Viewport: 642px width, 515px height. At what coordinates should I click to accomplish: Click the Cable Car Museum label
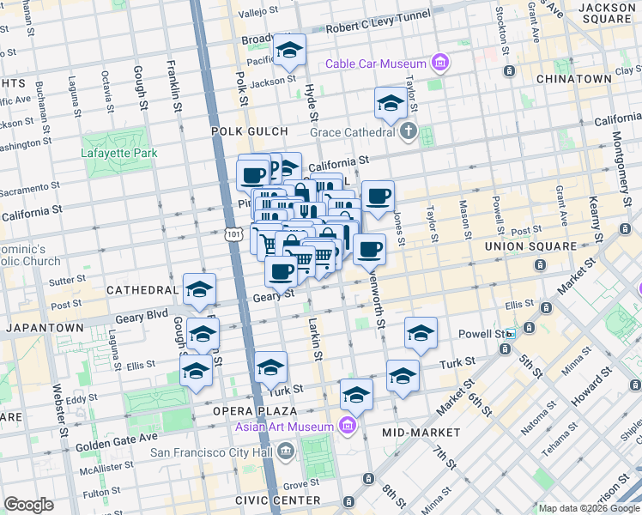click(375, 64)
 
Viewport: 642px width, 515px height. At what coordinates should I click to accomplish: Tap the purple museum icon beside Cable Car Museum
click(440, 63)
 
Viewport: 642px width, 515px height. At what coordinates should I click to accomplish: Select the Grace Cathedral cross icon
click(409, 131)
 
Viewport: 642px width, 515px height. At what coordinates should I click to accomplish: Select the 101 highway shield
click(233, 233)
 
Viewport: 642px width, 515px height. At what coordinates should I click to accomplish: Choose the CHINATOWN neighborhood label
click(573, 79)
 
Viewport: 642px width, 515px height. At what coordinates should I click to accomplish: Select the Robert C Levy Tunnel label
click(378, 27)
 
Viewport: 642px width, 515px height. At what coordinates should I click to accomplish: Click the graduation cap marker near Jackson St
click(289, 51)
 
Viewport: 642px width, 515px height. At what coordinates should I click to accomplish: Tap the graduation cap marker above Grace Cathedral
click(391, 103)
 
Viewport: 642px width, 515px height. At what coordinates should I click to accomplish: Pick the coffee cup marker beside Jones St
click(378, 197)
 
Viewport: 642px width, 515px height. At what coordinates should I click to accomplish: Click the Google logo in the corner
click(28, 504)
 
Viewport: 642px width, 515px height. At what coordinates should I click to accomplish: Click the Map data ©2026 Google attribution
click(589, 508)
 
